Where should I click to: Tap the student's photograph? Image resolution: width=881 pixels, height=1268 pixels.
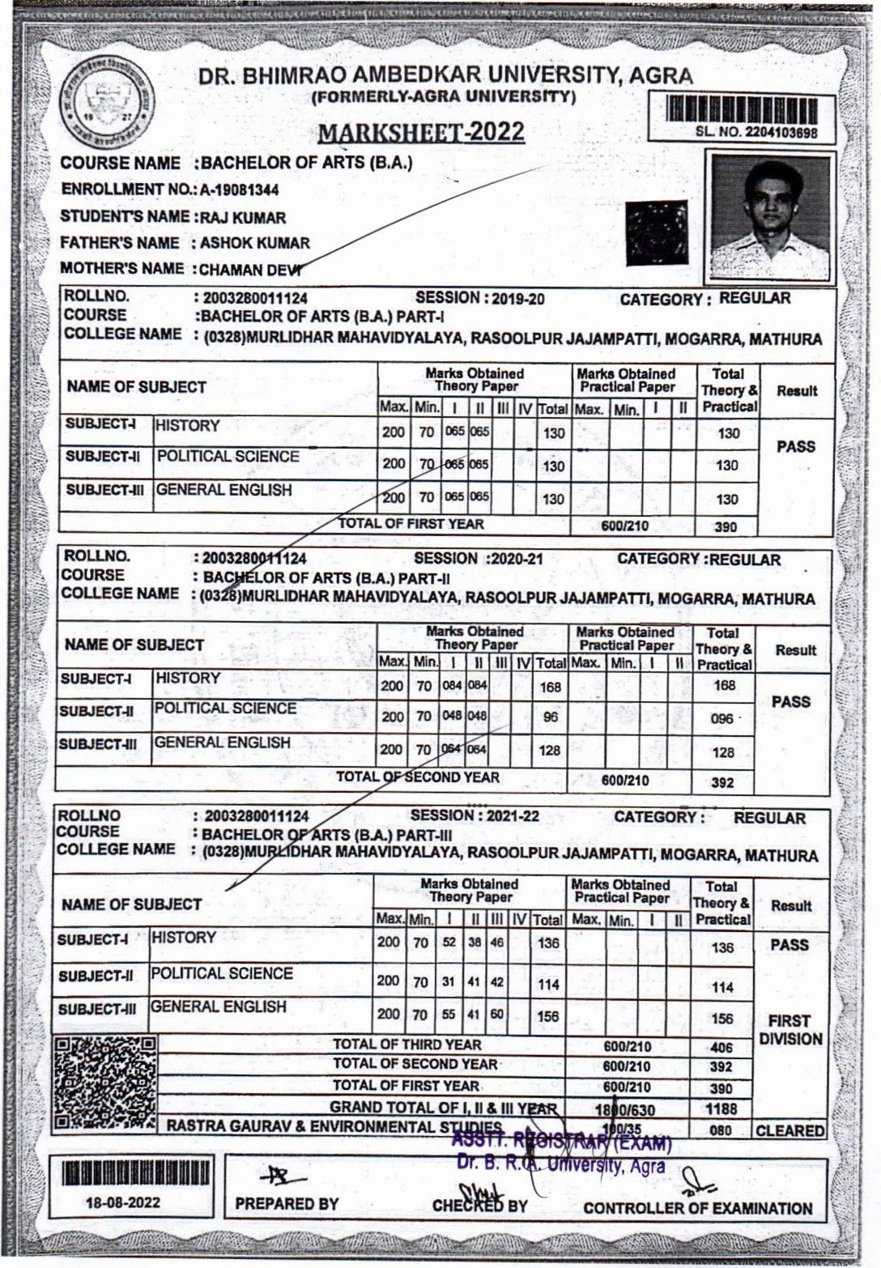[770, 216]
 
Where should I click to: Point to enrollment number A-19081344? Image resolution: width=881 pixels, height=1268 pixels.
[240, 189]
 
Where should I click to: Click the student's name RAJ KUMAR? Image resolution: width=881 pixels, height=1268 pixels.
[243, 218]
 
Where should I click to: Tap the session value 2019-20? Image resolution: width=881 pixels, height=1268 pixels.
[518, 300]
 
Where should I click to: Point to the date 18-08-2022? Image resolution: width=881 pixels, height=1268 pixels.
[123, 1202]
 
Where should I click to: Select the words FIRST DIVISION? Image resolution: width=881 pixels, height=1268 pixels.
[790, 1030]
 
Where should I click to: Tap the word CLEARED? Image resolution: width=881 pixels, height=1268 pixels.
[789, 1131]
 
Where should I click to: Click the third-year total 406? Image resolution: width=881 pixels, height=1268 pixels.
[721, 1048]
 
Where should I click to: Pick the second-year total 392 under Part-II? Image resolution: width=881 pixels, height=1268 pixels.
[722, 783]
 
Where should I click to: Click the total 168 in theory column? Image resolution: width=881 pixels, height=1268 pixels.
[551, 687]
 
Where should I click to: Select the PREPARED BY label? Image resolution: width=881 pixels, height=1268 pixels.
[287, 1204]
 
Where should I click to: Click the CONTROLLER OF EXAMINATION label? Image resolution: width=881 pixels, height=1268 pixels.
[697, 1209]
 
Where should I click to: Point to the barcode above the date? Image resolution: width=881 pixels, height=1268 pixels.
[135, 1173]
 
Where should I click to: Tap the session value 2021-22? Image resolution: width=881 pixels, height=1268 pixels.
[513, 816]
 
